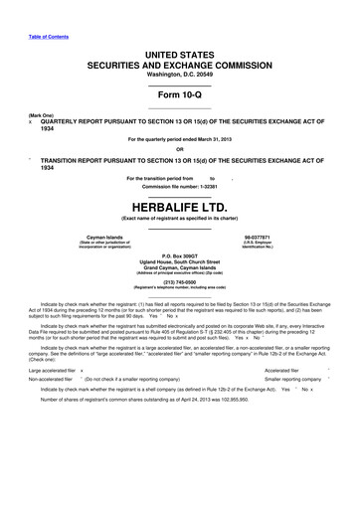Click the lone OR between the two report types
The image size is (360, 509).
point(179,150)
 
